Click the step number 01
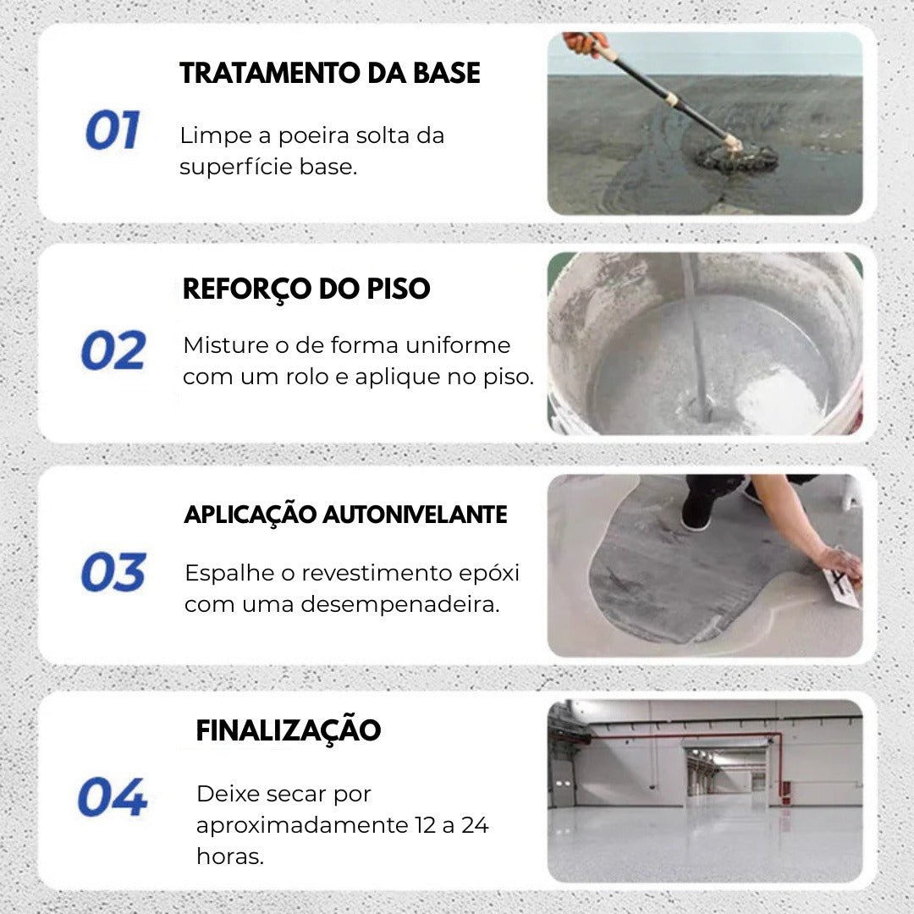coord(112,131)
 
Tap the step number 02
coord(113,350)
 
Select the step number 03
coord(113,572)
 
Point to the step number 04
coord(112,797)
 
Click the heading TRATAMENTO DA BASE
coord(330,74)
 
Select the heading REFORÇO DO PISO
coord(306,289)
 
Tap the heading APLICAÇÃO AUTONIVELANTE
coord(345,515)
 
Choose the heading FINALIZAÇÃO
coord(288,730)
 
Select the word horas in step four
coord(230,856)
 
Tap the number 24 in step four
coord(474,825)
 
